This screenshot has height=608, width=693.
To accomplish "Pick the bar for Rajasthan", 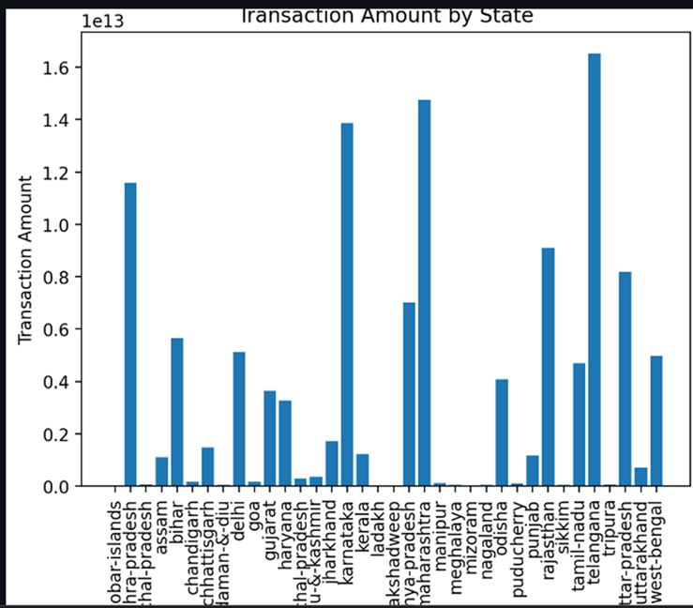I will pos(548,367).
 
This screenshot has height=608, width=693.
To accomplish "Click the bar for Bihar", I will pos(177,412).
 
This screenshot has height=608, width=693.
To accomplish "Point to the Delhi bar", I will pos(239,418).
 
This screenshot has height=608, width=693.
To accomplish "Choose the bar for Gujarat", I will pos(270,438).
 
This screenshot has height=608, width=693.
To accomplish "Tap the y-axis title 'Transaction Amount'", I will pos(26,258).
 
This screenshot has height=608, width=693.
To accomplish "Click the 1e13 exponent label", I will pos(102,21).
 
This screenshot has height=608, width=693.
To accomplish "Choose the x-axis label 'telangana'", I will pos(595,540).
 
